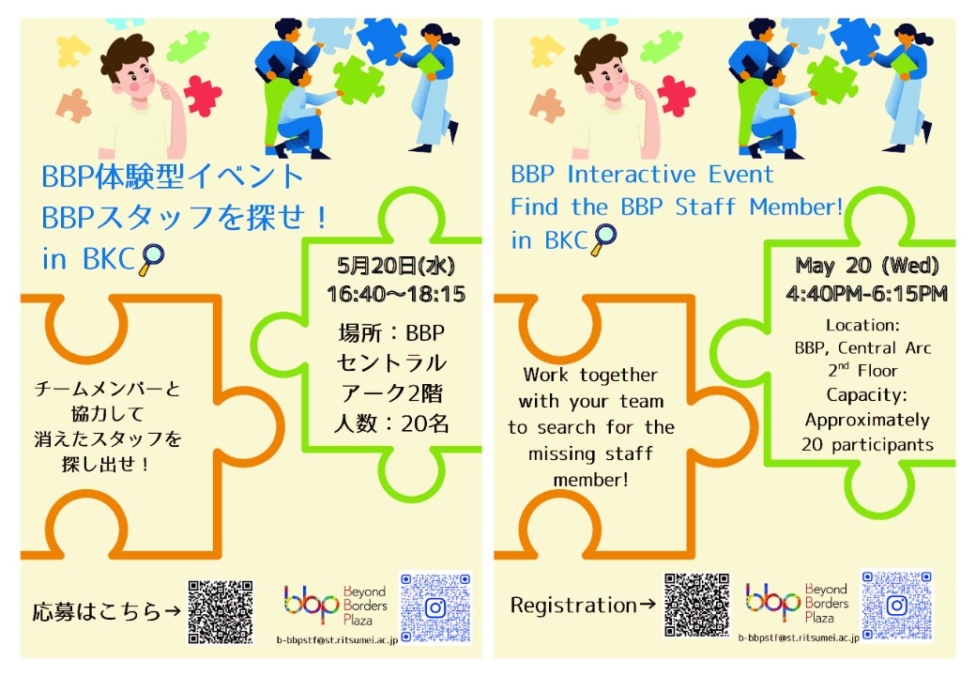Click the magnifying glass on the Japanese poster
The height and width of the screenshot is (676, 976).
coord(152,259)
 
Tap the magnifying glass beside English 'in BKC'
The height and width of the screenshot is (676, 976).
coord(603,240)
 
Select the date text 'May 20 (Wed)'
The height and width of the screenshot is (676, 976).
coord(866,266)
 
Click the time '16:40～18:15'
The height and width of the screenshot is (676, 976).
coord(396,294)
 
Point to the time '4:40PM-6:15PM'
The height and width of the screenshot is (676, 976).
coord(866,293)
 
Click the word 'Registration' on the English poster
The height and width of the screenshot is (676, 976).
coord(573,605)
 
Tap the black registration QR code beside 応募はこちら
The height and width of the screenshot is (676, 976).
coord(221,612)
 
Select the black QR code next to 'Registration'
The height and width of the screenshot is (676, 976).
coord(696,605)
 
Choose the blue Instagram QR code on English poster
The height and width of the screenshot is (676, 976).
coord(897,605)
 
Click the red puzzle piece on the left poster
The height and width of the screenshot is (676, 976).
coord(203,96)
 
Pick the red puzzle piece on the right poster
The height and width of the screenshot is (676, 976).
coord(676,96)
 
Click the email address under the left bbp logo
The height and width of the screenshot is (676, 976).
coord(337,640)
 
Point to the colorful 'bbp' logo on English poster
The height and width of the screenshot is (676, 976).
coord(772,601)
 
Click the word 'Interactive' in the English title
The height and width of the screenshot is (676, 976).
coord(632,175)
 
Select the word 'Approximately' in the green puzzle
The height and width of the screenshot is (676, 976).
coord(867,421)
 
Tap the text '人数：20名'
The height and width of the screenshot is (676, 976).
coord(391,423)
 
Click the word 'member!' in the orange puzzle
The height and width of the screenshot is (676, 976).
coord(590,480)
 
